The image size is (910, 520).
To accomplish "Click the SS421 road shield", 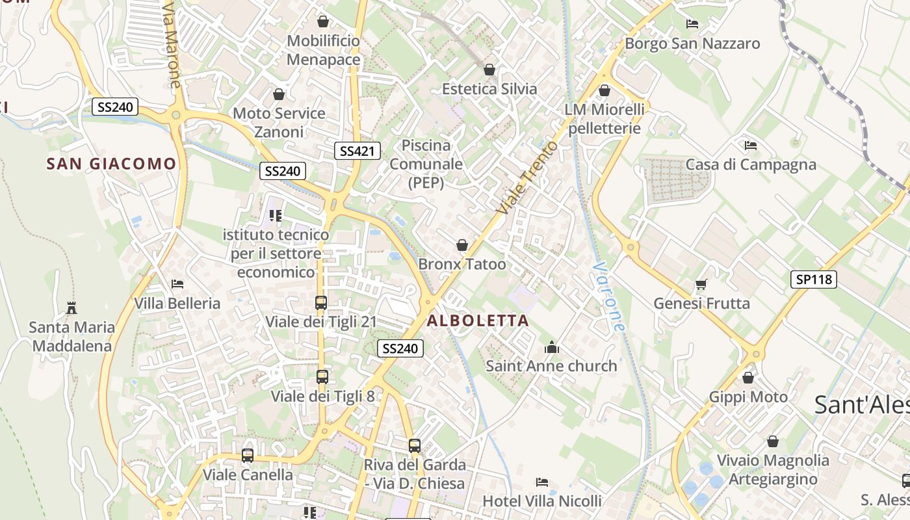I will (x=357, y=151).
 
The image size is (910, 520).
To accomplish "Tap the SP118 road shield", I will (x=814, y=279).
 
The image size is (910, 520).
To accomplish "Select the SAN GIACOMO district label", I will (x=111, y=164).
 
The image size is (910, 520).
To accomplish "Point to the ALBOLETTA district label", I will (x=478, y=320).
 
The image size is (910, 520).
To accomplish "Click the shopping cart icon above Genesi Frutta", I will (x=701, y=284).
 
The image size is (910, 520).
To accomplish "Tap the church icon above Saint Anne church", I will (x=552, y=348).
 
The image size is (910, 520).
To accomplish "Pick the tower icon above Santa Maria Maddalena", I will (x=71, y=307).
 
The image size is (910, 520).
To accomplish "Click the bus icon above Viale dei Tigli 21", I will (x=321, y=302).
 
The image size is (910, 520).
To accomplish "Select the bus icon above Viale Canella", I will (x=248, y=456).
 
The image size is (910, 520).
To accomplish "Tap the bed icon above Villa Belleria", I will (x=177, y=284).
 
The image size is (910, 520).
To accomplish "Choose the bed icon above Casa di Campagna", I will (x=751, y=145).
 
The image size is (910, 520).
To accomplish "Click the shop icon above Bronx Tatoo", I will (x=462, y=245).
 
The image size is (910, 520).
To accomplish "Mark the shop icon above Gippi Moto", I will (x=748, y=378).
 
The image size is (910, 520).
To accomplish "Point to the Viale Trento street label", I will (x=526, y=177).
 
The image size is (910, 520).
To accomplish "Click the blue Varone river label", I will (x=609, y=297).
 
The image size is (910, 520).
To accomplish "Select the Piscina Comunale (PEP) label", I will (x=426, y=164).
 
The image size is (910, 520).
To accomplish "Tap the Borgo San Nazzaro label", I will (x=692, y=44).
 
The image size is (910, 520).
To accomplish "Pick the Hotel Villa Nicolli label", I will (x=542, y=501).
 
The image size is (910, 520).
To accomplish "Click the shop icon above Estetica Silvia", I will (x=489, y=70).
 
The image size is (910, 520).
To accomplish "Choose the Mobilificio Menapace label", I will (x=323, y=50).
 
